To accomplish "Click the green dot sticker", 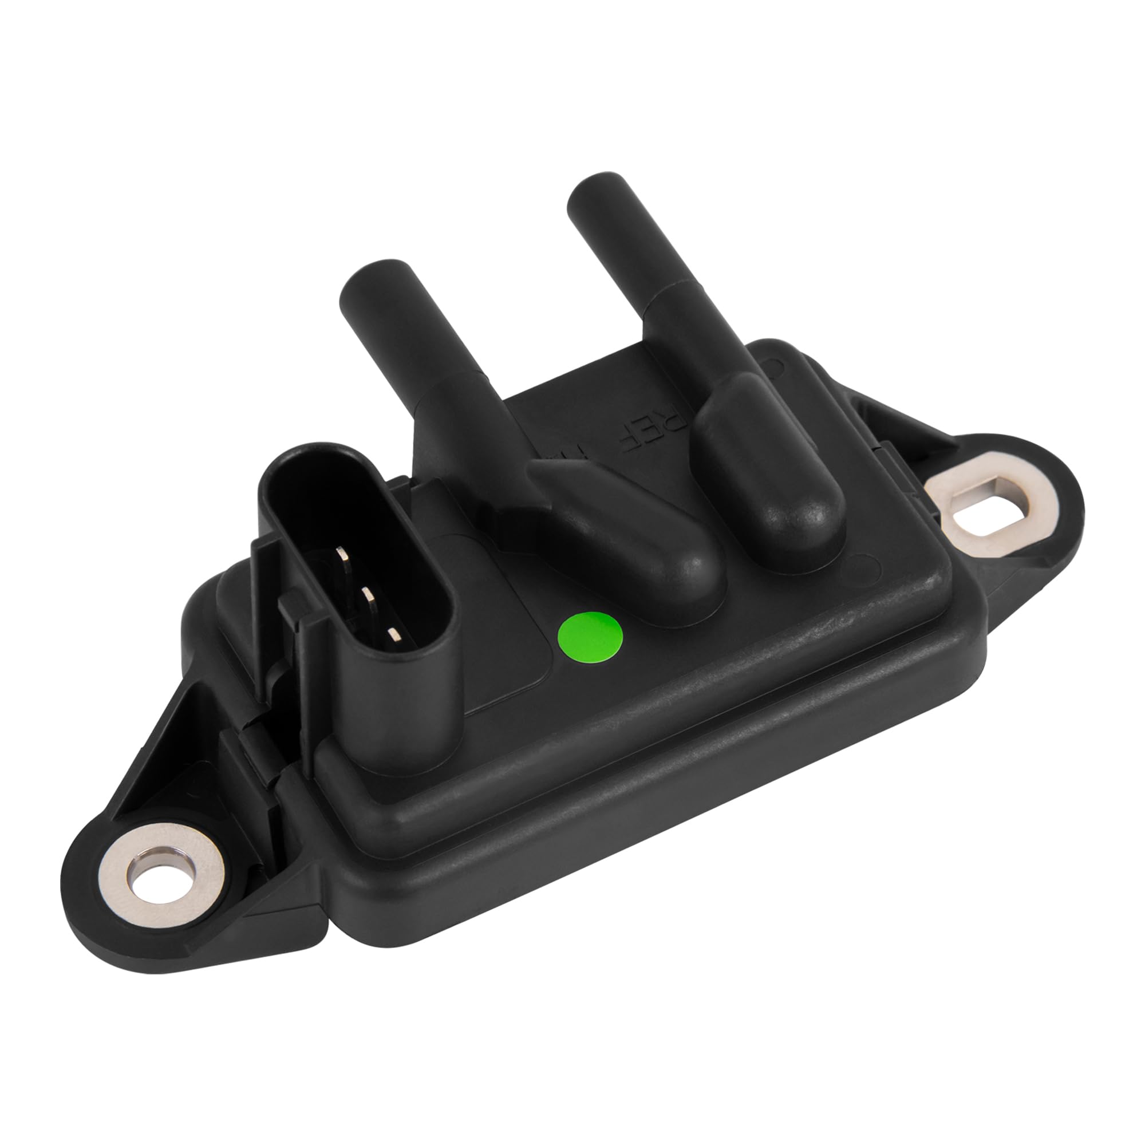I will [x=591, y=637].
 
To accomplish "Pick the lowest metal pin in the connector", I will [x=393, y=635].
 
